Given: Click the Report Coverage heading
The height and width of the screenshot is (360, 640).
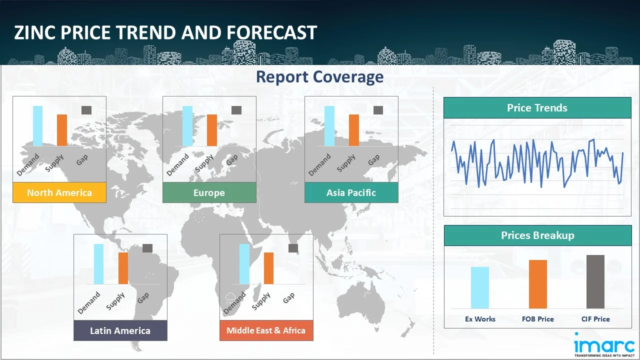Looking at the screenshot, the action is [319, 77].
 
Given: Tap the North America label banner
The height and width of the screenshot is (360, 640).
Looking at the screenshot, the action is [59, 192].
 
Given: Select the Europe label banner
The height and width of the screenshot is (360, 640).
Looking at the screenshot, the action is [209, 192].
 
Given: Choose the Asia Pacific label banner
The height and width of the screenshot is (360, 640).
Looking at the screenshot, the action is [351, 192].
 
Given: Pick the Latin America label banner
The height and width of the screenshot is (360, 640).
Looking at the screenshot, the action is [120, 330].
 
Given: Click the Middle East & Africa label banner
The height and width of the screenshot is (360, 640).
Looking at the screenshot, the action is [266, 330].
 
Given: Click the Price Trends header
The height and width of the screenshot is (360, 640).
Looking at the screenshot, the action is [537, 107].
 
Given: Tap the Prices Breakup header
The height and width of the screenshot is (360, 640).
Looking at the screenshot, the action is [537, 235].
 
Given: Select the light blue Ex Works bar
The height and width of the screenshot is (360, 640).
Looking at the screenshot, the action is [480, 287].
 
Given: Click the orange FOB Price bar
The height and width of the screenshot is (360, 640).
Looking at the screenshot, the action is [538, 284].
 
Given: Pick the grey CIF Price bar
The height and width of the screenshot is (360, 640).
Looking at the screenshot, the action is [595, 281].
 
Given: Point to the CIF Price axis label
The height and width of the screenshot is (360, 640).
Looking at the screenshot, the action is [595, 319].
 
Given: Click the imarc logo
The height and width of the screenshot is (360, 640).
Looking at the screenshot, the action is [604, 345].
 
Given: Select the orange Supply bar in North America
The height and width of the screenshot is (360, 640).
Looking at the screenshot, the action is [62, 130].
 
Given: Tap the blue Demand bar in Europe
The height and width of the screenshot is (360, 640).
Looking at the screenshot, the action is [187, 126].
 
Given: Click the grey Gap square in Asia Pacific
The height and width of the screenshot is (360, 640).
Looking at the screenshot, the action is [378, 110].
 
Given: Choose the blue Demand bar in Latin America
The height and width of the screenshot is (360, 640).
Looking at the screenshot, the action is [99, 264].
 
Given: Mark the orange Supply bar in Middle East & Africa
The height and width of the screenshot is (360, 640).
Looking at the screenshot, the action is [268, 268].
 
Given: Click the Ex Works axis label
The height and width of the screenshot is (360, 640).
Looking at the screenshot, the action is [480, 319].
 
